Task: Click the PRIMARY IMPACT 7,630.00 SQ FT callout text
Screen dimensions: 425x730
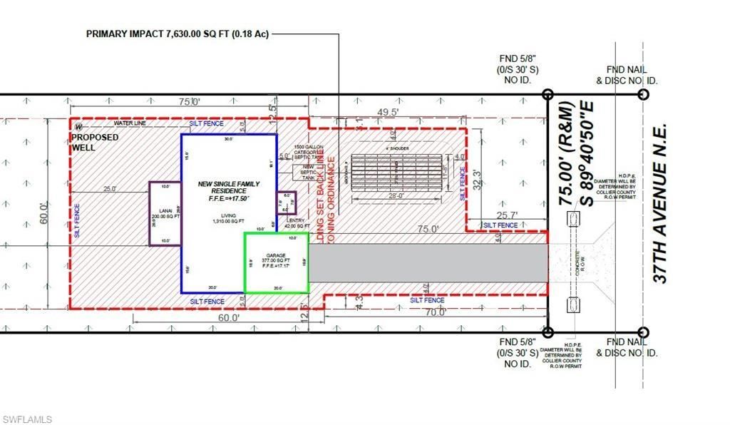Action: click(x=177, y=34)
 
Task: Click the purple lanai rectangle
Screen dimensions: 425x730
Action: click(x=165, y=213)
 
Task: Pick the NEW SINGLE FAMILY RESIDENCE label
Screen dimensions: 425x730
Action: click(x=229, y=189)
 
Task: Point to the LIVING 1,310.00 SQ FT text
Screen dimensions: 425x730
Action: click(x=228, y=219)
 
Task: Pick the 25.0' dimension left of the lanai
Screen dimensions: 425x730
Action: click(x=108, y=189)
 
